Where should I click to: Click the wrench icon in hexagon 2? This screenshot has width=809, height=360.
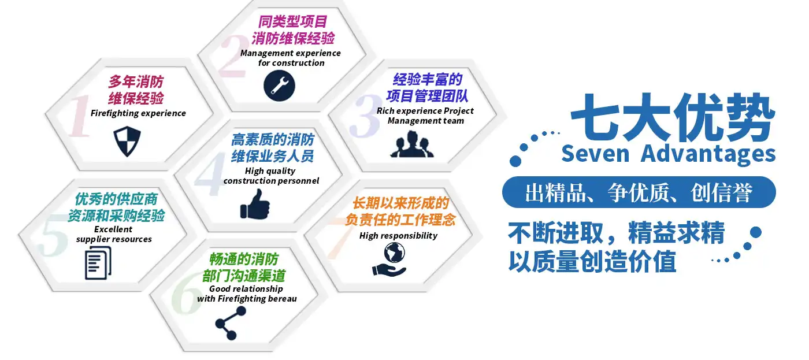click(x=279, y=86)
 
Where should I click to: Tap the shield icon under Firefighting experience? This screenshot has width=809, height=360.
click(x=127, y=141)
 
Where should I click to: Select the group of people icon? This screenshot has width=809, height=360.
click(x=412, y=144)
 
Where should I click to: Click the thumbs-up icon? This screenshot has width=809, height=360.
click(x=255, y=205)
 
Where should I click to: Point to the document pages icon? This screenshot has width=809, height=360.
click(x=98, y=263)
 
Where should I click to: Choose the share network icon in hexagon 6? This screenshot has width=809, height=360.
click(x=231, y=323)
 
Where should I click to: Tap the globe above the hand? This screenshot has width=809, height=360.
click(x=394, y=253)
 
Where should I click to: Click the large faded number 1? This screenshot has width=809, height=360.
click(x=80, y=116)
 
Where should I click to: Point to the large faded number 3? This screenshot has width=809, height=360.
click(x=365, y=116)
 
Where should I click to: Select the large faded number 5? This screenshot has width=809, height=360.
click(x=53, y=235)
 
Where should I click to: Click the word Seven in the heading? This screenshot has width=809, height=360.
click(x=596, y=154)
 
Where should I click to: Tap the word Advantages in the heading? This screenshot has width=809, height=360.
click(x=708, y=154)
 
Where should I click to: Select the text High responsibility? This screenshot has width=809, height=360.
click(x=398, y=236)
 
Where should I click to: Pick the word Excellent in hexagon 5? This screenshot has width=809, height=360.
click(x=113, y=229)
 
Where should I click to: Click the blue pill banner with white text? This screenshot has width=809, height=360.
click(x=639, y=192)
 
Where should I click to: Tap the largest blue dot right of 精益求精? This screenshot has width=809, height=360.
click(x=756, y=232)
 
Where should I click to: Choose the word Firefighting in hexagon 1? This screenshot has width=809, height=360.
click(x=113, y=113)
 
